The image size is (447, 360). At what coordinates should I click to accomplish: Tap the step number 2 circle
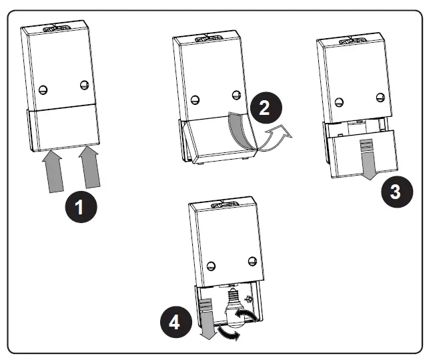(265, 109)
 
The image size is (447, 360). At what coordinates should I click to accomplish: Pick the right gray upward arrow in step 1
(92, 169)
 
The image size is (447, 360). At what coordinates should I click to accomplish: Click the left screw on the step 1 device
(45, 89)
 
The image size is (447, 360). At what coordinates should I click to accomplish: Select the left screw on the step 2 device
(195, 100)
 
